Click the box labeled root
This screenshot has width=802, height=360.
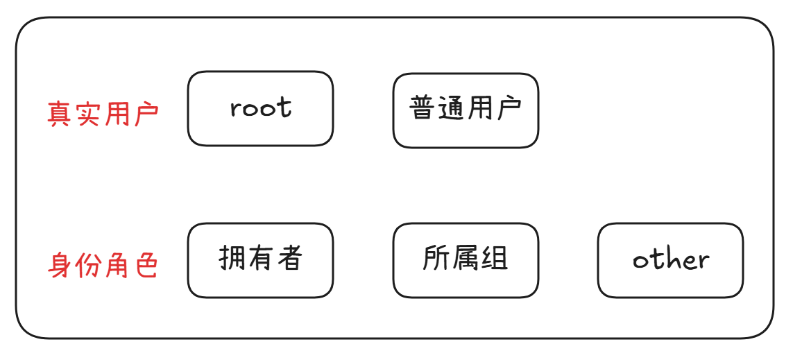pos(260,109)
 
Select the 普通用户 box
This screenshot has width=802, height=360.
pos(466,111)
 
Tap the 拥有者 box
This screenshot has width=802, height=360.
pos(260,260)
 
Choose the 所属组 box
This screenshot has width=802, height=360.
pos(466,260)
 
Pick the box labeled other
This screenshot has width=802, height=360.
pos(670,260)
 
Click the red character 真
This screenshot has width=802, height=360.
pos(60,114)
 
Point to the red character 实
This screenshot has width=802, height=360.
pos(88,114)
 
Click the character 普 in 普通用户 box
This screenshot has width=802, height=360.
pos(423,109)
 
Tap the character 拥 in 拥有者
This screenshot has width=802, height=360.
pos(232,259)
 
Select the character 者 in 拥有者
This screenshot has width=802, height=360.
pos(289,259)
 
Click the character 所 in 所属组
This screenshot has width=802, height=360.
pos(436,259)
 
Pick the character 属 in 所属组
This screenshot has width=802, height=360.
pos(466,259)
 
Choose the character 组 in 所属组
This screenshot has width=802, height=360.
pos(495,259)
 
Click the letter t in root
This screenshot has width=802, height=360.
pos(284,107)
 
